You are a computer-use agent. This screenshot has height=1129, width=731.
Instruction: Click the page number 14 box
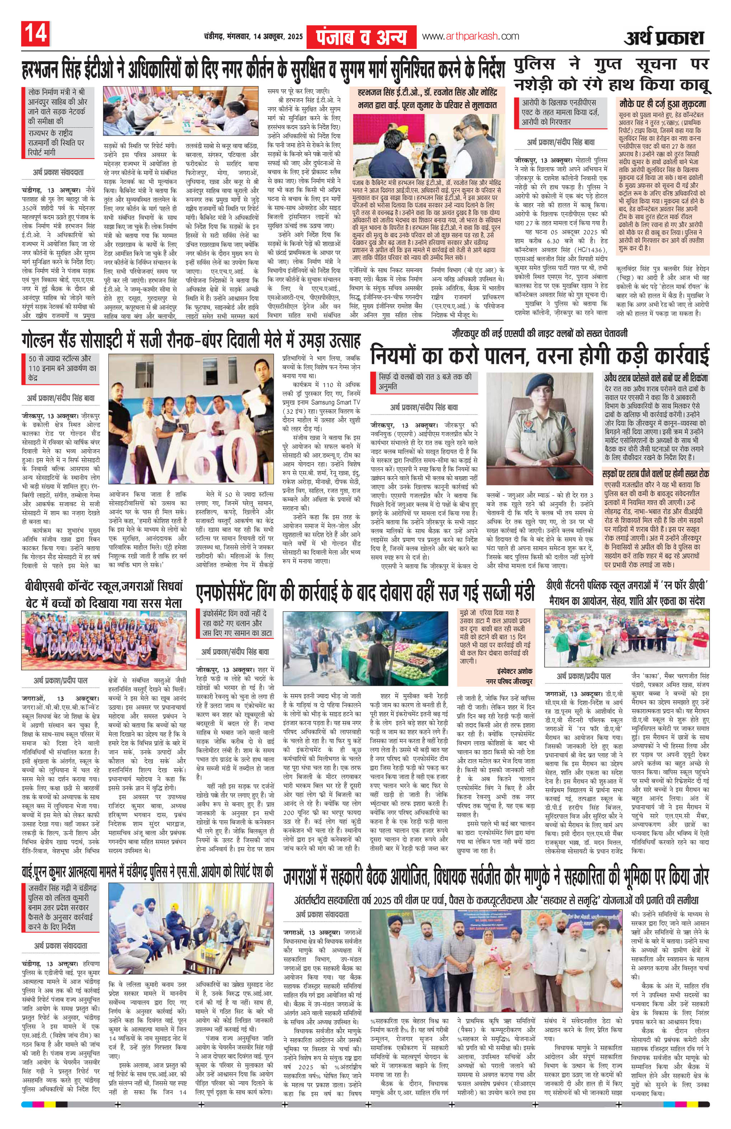tap(35, 35)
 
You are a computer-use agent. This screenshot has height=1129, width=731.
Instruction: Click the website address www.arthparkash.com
tap(470, 36)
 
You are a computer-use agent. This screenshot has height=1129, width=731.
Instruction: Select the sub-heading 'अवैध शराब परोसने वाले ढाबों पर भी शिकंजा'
tap(656, 378)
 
